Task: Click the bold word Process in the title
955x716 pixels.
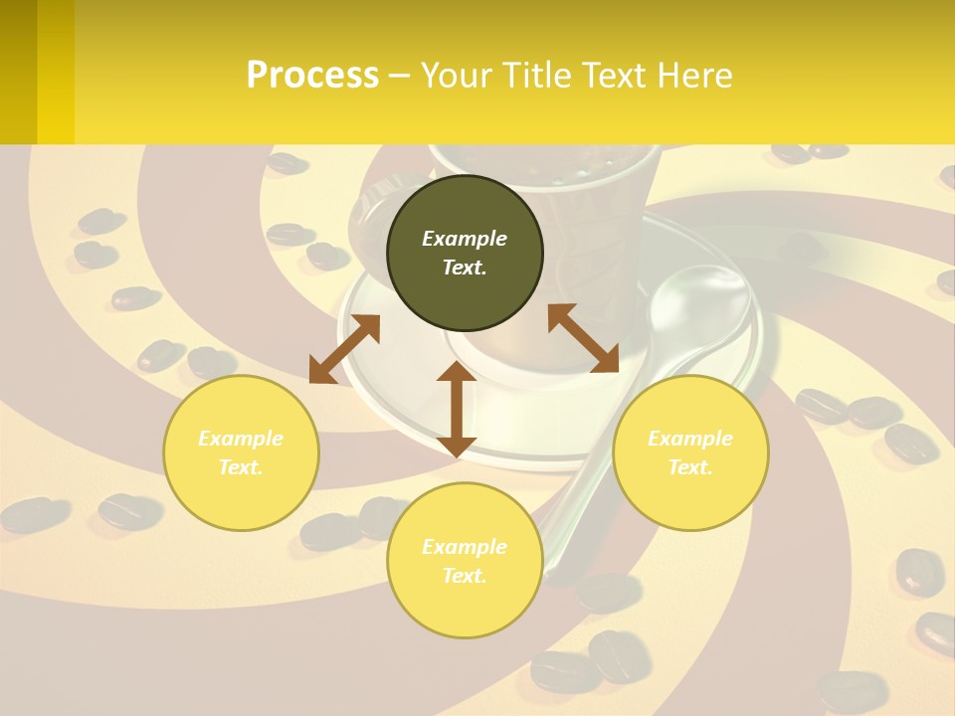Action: (312, 76)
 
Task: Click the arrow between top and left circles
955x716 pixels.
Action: (344, 349)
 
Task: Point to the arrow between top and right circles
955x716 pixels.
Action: (583, 338)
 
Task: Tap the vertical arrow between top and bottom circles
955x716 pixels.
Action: (457, 409)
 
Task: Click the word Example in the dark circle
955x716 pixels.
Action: (465, 239)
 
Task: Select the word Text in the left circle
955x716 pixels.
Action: (240, 467)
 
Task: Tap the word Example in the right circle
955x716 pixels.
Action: (690, 439)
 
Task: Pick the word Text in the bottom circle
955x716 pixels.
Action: (464, 576)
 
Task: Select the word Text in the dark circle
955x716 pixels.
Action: (464, 268)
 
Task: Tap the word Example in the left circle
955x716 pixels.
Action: (241, 439)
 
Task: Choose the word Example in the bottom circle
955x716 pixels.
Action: (465, 547)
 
